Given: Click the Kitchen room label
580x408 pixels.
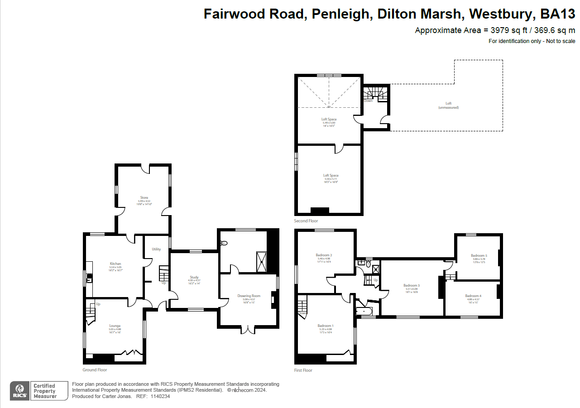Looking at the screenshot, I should [x=115, y=264].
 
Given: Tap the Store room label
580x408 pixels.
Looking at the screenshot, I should [x=144, y=197].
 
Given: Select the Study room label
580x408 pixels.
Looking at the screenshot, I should [x=194, y=277].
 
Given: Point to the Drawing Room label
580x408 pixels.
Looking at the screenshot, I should [x=249, y=296].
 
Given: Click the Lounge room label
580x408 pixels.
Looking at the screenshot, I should [x=115, y=326].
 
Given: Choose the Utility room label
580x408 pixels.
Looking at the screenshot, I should [x=156, y=249].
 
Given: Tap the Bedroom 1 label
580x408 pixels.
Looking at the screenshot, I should [x=325, y=326].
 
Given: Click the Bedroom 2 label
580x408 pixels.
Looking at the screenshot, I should [x=324, y=255].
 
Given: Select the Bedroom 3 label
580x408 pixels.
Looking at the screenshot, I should [x=412, y=285].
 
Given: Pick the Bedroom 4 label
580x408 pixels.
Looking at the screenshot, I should [x=473, y=296].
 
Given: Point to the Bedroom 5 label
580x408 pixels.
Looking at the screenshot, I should [x=479, y=255].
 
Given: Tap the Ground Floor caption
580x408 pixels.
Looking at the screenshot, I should [x=95, y=370].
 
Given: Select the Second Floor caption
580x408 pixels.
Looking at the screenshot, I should [x=306, y=221].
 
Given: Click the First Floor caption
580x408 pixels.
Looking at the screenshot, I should [x=303, y=370].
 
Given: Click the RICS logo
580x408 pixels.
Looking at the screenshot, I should [x=19, y=391].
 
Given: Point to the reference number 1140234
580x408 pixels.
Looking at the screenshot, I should [x=160, y=396].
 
